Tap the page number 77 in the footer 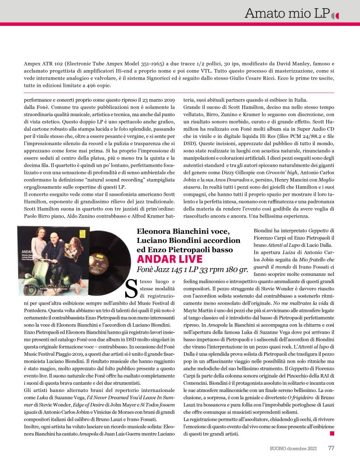pyautogui.click(x=331, y=449)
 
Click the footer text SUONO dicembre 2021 pyautogui.click(x=293, y=449)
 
